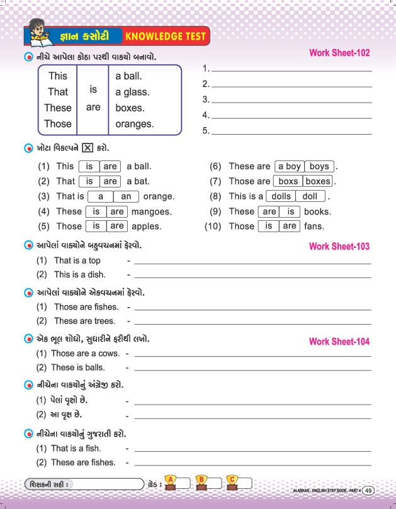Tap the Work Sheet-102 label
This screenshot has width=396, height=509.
339,53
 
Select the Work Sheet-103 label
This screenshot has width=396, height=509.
339,246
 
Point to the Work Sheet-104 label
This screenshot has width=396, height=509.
339,342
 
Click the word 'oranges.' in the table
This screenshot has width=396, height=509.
135,124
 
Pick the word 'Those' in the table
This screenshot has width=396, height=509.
58,124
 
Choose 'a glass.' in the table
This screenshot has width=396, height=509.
132,92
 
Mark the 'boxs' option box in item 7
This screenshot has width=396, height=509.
288,181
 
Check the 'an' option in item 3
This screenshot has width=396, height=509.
126,196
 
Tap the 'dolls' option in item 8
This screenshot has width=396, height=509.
281,196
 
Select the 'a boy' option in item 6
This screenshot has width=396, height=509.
290,167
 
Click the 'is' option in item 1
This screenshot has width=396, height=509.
89,167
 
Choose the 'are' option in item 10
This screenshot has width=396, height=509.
290,226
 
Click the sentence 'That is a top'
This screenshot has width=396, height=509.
77,260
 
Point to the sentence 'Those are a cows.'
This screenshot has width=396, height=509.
85,354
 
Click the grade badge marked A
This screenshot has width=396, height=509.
169,481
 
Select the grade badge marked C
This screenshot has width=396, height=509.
232,481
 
